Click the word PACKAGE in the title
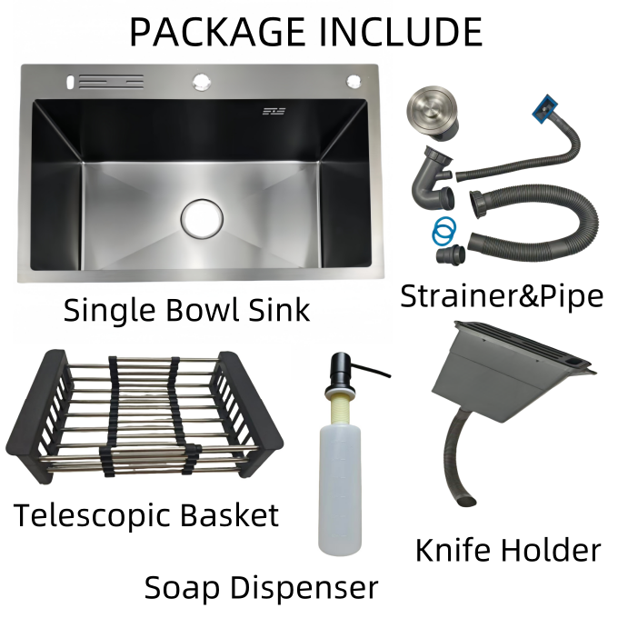click(216, 32)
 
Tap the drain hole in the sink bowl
click(202, 216)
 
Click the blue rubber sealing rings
click(443, 230)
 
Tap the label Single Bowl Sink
click(186, 310)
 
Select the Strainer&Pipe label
click(503, 296)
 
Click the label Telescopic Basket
click(145, 515)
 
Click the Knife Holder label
click(508, 550)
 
